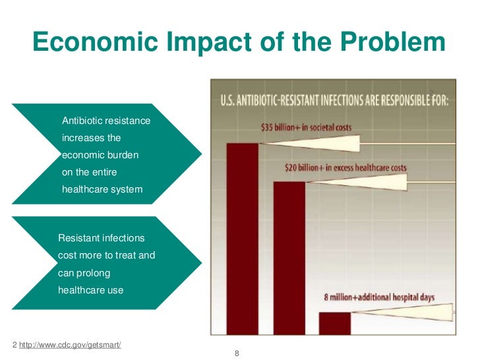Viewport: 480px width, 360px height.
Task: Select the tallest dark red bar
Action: tap(242, 237)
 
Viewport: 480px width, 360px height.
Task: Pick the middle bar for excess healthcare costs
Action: tap(289, 257)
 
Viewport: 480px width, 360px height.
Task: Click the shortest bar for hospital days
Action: tap(335, 322)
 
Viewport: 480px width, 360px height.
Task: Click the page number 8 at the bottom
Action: tap(237, 354)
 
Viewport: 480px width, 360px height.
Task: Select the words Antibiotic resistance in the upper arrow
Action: tap(106, 121)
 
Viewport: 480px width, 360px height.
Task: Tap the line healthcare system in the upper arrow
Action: tap(102, 190)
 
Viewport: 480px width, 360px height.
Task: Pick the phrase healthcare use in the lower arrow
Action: tap(90, 289)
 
